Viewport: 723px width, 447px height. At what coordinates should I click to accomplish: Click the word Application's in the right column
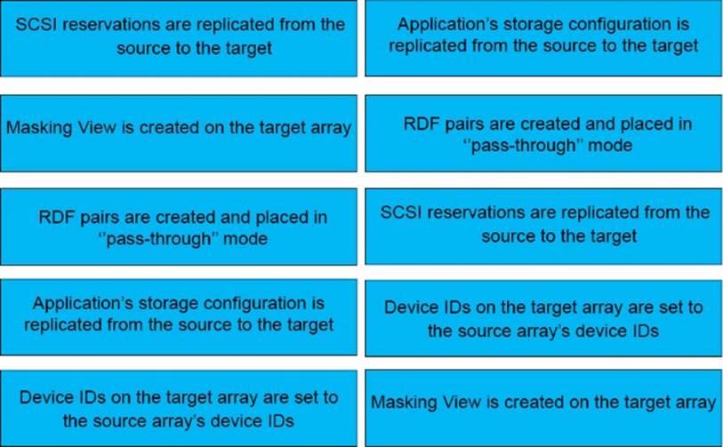click(443, 26)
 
